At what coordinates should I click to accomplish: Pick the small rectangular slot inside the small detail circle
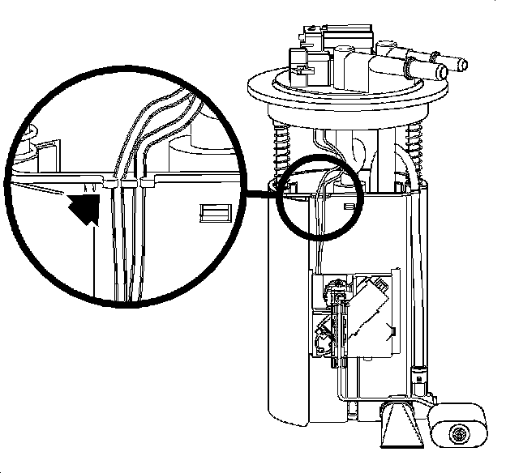[349, 207]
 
